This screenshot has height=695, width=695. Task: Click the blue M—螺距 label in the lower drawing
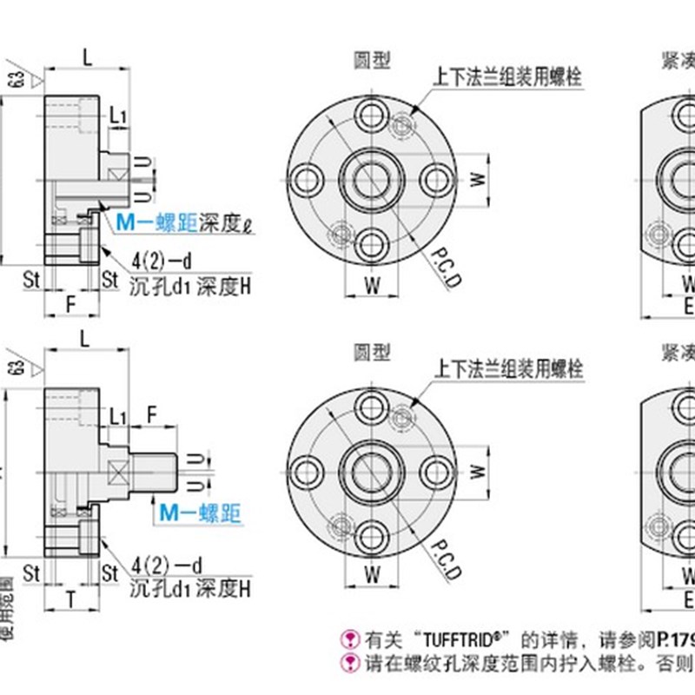click(201, 514)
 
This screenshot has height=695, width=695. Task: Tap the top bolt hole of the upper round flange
click(372, 115)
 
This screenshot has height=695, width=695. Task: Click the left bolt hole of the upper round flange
click(307, 180)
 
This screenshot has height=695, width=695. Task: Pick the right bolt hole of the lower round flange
click(436, 470)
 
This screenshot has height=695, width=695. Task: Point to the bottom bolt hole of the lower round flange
click(372, 534)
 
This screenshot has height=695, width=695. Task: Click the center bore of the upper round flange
click(372, 180)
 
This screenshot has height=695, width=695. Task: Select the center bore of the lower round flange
click(372, 470)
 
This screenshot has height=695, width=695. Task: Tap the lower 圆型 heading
click(372, 353)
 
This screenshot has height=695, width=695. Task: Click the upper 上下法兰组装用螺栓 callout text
click(508, 76)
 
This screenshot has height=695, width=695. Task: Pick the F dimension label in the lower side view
click(153, 414)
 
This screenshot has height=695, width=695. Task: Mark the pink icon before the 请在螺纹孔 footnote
click(350, 665)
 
